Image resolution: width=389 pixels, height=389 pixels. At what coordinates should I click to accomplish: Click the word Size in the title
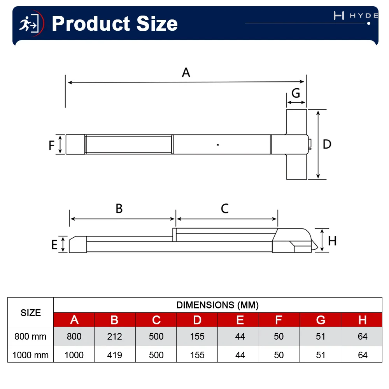point(157,24)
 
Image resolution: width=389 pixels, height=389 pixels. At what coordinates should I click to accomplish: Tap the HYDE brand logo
point(356,16)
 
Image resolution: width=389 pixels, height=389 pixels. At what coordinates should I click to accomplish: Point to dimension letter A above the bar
point(186,72)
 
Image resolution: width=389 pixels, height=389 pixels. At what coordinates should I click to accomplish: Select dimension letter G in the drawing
point(296,93)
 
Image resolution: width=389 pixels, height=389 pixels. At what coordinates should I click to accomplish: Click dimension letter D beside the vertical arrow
point(327,144)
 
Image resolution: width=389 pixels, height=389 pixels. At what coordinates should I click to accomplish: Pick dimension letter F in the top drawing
point(51,145)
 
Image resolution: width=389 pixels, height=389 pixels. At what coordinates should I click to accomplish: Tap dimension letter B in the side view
point(119,209)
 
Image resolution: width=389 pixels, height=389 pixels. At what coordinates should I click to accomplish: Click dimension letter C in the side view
point(225,209)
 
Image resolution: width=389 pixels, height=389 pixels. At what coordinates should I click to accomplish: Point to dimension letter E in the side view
point(54,245)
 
